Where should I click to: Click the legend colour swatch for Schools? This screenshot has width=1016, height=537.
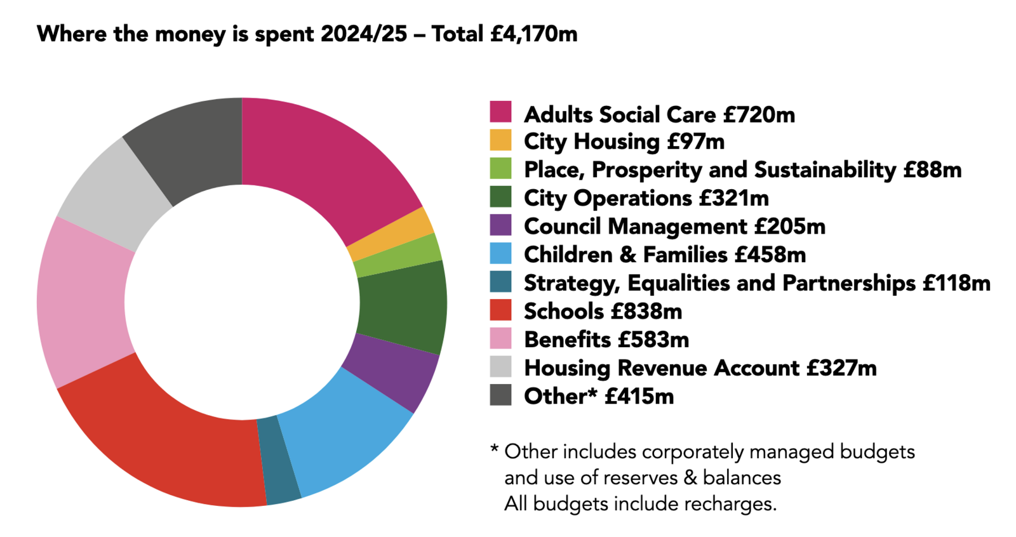(500, 310)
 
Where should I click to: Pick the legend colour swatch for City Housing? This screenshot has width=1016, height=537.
(500, 140)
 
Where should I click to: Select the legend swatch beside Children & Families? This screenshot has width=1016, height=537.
(500, 254)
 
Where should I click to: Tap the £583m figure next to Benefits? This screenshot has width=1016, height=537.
(653, 340)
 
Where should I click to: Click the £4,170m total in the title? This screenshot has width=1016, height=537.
(533, 34)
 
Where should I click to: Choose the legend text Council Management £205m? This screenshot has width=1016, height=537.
(674, 227)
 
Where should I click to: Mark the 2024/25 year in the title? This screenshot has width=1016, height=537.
(363, 34)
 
